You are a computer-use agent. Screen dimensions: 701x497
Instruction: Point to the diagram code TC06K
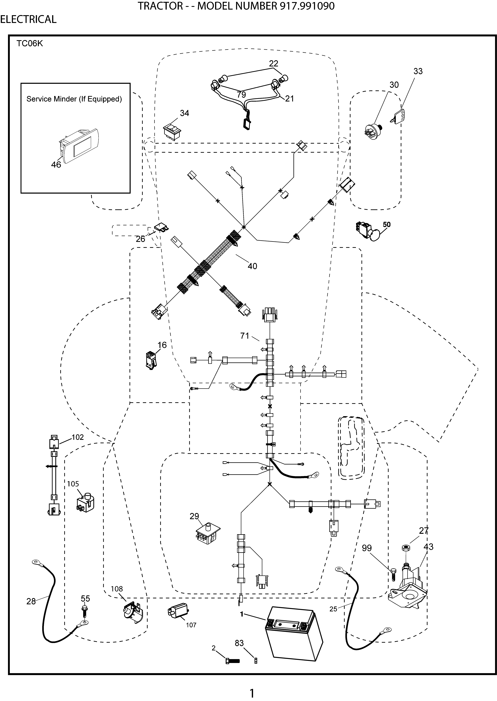pyautogui.click(x=30, y=43)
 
